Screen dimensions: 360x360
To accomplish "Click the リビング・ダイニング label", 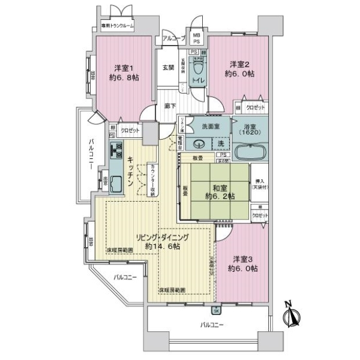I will tap(161, 241).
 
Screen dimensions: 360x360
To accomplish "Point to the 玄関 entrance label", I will tap(167, 67).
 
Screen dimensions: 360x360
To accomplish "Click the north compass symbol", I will tap(293, 316).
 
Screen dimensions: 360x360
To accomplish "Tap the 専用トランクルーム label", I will tap(116, 26).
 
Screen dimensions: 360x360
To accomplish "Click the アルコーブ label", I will tap(173, 39).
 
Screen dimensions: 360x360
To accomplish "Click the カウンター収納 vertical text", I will tap(152, 178).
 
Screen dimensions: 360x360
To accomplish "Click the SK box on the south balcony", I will tap(216, 311).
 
